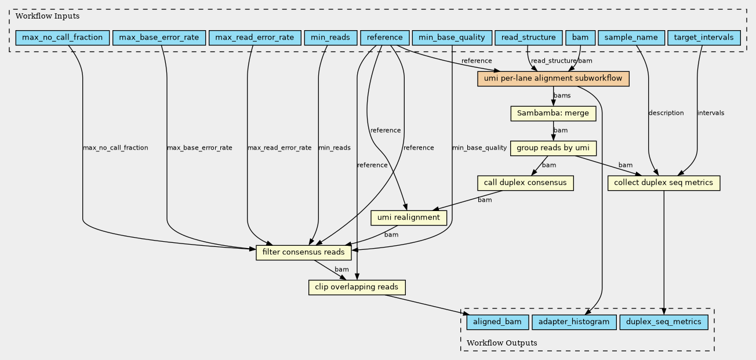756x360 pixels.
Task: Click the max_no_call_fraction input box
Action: point(63,38)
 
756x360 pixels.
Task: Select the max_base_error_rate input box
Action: point(159,38)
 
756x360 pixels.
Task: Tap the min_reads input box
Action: point(330,38)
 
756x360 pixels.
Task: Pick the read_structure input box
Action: point(529,38)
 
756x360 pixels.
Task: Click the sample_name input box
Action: point(631,38)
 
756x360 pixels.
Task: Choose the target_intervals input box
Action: point(704,38)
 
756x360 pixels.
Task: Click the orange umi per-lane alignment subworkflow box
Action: point(553,79)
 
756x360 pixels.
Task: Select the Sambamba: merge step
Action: point(553,114)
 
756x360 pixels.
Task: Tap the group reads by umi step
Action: point(553,148)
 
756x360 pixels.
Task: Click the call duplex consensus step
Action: point(525,183)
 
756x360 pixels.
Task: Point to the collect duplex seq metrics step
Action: point(664,183)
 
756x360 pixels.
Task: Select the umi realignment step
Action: point(409,217)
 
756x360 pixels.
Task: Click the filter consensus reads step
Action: point(304,252)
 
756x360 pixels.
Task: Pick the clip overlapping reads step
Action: point(357,287)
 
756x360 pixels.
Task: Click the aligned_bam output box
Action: point(497,322)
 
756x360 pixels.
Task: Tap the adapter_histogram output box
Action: point(574,322)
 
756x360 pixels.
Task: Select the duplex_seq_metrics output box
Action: point(664,322)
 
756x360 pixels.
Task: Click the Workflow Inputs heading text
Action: point(48,16)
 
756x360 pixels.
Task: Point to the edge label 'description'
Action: point(666,113)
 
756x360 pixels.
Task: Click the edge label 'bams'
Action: point(562,96)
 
